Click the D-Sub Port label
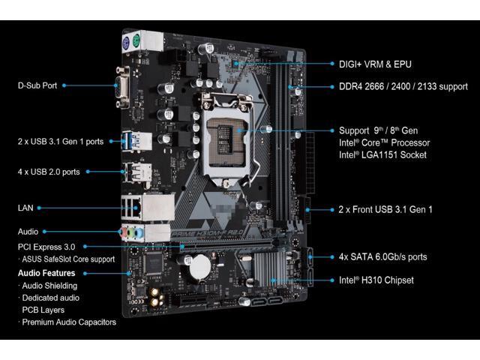pyautogui.click(x=37, y=85)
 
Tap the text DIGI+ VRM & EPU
pyautogui.click(x=375, y=64)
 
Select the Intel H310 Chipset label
pyautogui.click(x=376, y=280)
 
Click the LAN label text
pyautogui.click(x=25, y=208)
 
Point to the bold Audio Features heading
pyautogui.click(x=46, y=273)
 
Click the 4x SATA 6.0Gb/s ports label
pyautogui.click(x=382, y=256)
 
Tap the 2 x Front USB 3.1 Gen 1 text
pyautogui.click(x=385, y=209)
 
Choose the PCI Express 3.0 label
pyautogui.click(x=46, y=247)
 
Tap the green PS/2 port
pyautogui.click(x=136, y=41)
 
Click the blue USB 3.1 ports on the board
pyautogui.click(x=126, y=141)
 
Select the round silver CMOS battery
pyautogui.click(x=200, y=267)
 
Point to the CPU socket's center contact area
pyautogui.click(x=228, y=139)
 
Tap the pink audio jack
pyautogui.click(x=124, y=233)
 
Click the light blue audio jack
pyautogui.click(x=139, y=233)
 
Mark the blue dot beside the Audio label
pyautogui.click(x=45, y=232)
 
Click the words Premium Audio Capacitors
pyautogui.click(x=69, y=322)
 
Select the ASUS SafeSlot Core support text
pyautogui.click(x=68, y=259)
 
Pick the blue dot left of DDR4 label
pyautogui.click(x=332, y=87)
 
